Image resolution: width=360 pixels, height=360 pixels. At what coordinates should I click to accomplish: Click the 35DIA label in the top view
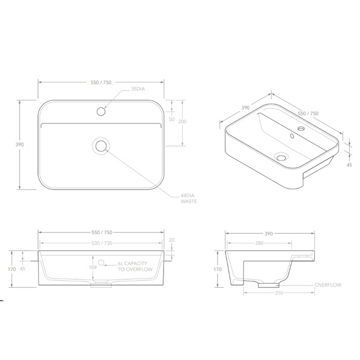click(x=138, y=89)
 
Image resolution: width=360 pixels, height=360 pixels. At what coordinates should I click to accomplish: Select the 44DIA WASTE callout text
click(x=189, y=198)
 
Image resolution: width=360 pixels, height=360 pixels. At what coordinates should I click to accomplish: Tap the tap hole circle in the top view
click(x=101, y=111)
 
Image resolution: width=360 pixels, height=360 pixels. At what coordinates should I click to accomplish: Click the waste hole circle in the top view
click(x=101, y=146)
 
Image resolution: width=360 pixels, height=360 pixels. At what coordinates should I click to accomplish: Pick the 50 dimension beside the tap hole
click(x=172, y=119)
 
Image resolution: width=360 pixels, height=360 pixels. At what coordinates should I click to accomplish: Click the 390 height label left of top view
click(x=20, y=145)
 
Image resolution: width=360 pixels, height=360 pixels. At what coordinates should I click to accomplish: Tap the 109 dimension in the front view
click(x=93, y=267)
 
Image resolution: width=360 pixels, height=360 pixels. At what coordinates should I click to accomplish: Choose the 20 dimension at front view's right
click(x=172, y=240)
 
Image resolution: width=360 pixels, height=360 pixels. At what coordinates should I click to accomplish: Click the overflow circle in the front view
click(x=101, y=263)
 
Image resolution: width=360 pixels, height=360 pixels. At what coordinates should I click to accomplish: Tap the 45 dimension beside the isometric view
click(x=349, y=165)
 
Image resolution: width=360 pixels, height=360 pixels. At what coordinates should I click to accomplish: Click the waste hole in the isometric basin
click(x=281, y=156)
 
